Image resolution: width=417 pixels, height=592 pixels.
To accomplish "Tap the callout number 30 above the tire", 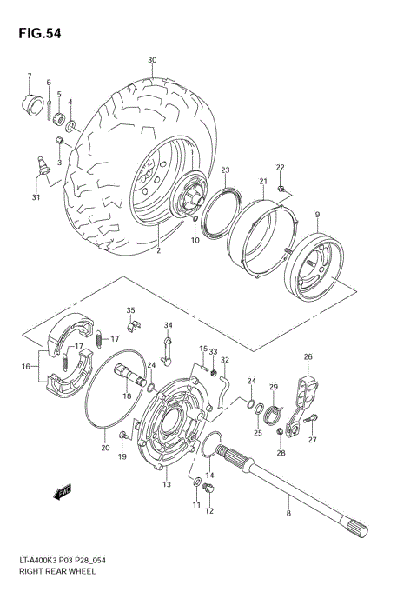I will point(152,60).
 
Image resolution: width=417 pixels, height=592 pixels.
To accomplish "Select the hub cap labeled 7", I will point(31,103).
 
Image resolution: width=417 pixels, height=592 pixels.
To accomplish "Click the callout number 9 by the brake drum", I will point(317,215).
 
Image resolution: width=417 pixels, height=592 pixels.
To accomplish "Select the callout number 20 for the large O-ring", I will point(106,449).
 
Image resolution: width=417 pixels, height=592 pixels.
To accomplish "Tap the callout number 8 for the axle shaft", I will point(288,513).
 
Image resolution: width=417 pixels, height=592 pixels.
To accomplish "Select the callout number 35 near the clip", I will point(131,310).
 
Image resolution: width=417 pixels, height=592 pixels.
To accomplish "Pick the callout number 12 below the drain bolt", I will point(208,512).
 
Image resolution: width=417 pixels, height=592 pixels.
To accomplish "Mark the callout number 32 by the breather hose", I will point(224,360).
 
